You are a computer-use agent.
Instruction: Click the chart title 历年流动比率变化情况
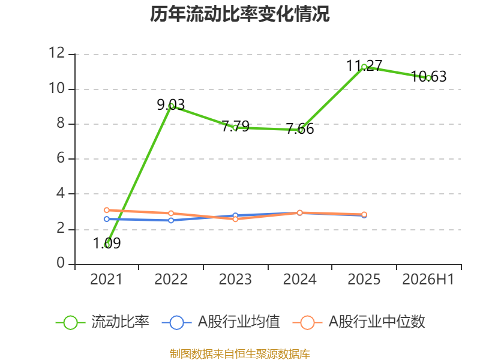(239, 14)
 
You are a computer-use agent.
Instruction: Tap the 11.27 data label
(364, 65)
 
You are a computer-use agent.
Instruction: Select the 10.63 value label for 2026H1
(428, 77)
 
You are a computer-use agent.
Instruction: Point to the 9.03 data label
(171, 104)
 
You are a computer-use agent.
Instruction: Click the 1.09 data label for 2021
(107, 244)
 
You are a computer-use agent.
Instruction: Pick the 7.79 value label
(235, 126)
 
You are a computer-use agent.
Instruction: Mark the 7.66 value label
(299, 128)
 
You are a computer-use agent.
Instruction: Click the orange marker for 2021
(107, 210)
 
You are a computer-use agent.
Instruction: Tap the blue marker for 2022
(171, 220)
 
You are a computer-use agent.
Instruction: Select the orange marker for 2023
(235, 219)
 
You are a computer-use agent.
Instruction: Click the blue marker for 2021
(107, 219)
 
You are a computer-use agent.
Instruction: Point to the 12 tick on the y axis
(57, 53)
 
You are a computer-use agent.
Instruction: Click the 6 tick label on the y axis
(61, 158)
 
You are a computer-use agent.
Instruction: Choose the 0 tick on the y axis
(61, 263)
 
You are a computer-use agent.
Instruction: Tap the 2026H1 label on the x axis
(428, 279)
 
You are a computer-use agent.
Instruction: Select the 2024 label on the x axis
(299, 279)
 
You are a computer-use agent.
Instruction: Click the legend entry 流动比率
(102, 322)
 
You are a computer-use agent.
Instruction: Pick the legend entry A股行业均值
(221, 322)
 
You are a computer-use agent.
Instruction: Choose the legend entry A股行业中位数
(359, 322)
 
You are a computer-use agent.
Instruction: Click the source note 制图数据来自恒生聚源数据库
(239, 354)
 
